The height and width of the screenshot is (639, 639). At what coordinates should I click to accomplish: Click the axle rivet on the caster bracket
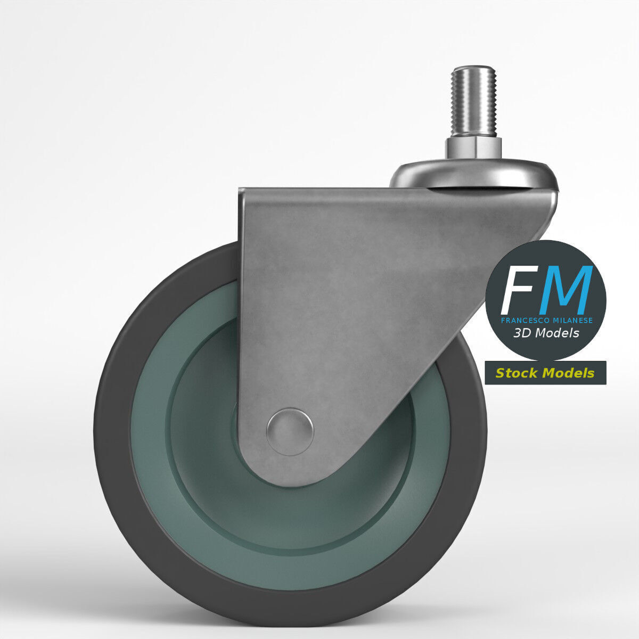[290, 431]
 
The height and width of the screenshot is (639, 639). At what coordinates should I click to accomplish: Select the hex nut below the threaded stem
[473, 145]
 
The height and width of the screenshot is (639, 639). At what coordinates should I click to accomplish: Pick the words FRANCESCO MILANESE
[546, 321]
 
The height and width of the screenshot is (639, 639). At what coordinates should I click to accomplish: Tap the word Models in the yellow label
[568, 373]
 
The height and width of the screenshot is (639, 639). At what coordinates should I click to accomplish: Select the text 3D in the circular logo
[522, 333]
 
